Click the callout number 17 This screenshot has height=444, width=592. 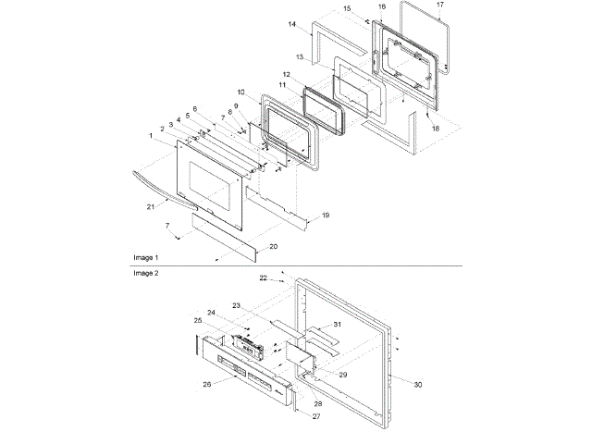[x=440, y=5]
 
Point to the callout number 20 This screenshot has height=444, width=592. [x=273, y=246]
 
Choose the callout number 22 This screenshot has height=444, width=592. [x=264, y=277]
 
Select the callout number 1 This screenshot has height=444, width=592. [x=151, y=136]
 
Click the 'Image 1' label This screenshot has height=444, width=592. [x=144, y=255]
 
